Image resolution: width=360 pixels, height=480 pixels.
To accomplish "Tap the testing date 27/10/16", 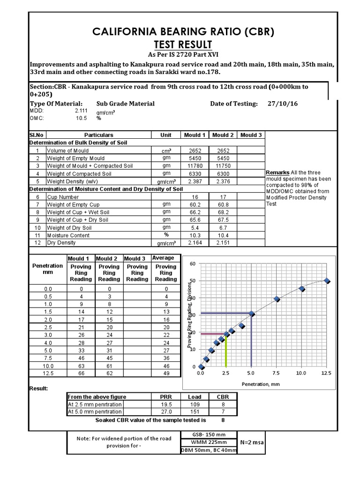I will pos(283,104).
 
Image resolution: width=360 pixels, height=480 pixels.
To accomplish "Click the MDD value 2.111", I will pos(81,111).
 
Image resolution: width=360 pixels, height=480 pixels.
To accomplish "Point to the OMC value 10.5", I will pos(82,118).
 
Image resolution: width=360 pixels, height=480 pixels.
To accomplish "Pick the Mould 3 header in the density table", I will pos(251,135).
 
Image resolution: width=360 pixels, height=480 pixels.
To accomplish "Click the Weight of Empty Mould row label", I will pos(75,158).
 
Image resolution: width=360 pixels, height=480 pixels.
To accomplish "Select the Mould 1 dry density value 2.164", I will pos(195,243).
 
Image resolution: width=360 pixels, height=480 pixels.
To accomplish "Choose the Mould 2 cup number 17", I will pos(223,197).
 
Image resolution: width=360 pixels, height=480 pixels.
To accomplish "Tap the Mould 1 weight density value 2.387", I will pos(195,181).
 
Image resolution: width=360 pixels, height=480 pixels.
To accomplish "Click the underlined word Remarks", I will pos(277,173).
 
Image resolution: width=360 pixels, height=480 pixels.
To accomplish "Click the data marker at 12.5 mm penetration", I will pos(327,281).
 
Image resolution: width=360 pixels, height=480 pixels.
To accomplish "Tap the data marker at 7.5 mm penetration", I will pos(277,299).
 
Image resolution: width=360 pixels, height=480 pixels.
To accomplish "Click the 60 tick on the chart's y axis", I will pos(192,264).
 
